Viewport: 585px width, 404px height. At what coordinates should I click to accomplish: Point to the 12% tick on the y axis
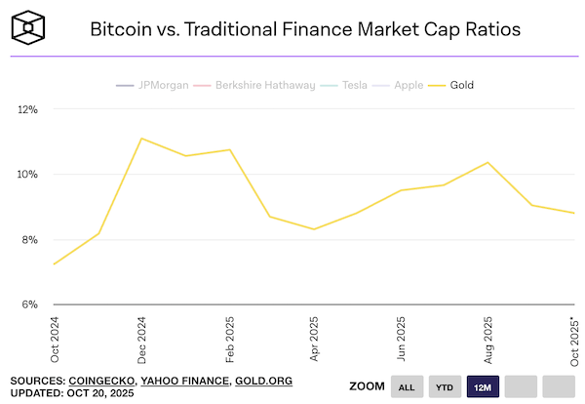click(x=26, y=110)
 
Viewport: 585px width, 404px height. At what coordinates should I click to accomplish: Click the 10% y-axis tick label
click(x=26, y=175)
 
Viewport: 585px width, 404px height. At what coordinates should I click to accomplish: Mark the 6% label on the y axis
click(x=28, y=304)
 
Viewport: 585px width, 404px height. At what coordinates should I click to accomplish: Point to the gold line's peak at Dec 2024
click(x=141, y=139)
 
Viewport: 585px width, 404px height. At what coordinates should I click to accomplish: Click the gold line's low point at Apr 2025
click(x=314, y=229)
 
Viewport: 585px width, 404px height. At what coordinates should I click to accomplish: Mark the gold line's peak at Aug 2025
click(x=487, y=162)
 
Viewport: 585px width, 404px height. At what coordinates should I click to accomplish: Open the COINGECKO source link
click(x=100, y=381)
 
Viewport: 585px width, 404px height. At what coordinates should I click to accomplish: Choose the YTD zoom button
click(x=445, y=387)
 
